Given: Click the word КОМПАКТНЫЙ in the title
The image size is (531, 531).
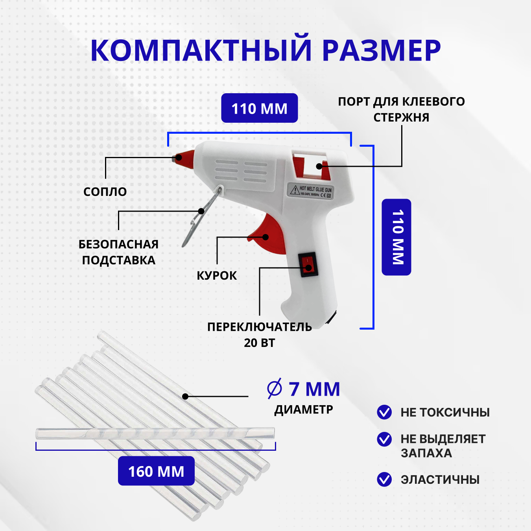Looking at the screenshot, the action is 201,50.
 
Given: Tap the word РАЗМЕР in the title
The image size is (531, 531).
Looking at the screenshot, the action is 381,50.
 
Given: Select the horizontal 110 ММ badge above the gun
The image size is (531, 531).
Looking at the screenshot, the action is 259,108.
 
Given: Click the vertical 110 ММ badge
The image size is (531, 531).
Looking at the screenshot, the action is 396,237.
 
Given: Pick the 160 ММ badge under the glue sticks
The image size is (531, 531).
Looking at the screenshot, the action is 156,471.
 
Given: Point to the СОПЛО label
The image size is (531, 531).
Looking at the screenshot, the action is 105,192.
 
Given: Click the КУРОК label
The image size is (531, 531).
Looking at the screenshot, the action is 217,275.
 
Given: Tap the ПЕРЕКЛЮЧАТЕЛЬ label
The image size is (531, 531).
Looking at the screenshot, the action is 260,327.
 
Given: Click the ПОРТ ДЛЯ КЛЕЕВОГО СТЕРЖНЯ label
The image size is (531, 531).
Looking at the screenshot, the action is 401,109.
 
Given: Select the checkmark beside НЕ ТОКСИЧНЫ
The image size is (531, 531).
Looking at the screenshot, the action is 384,412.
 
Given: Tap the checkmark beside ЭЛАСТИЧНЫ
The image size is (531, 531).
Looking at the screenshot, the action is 384,479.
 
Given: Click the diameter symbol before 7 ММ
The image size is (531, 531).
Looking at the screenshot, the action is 275,389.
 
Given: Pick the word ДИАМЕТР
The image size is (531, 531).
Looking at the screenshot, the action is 304,409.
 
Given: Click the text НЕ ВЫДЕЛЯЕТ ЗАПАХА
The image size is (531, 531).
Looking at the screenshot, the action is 443,446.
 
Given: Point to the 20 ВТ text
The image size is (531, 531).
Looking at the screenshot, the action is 260,343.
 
